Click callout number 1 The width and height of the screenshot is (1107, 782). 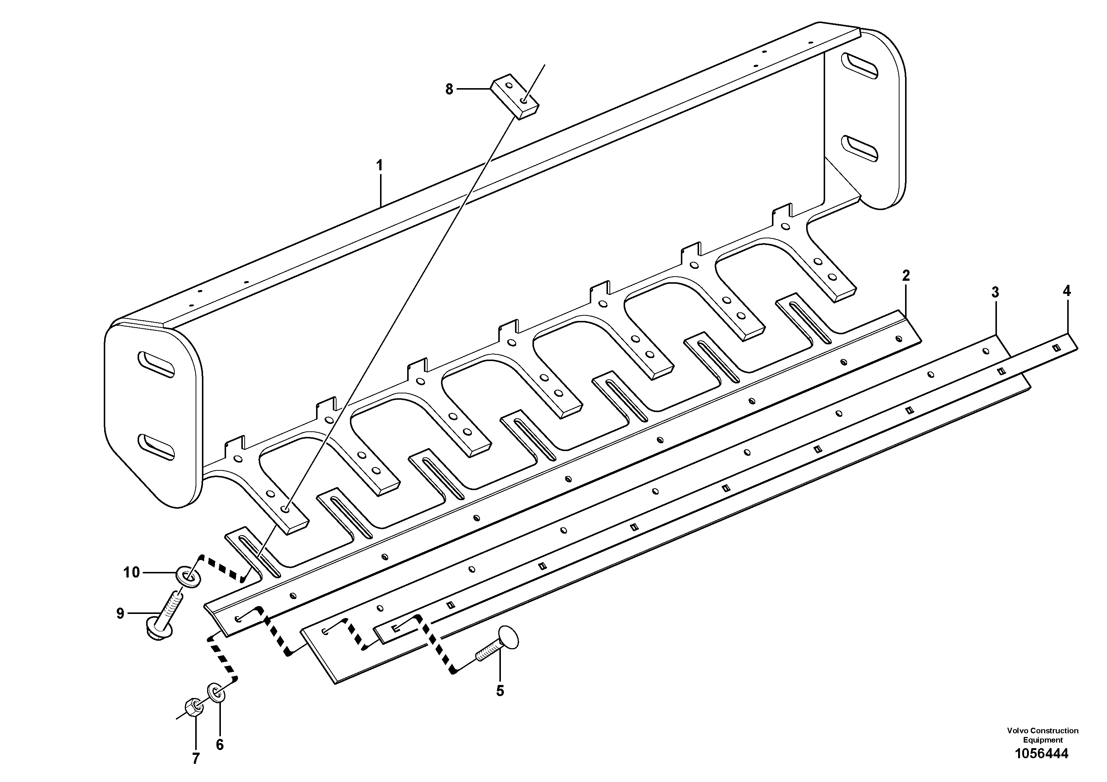[379, 165]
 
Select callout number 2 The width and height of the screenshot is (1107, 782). [905, 276]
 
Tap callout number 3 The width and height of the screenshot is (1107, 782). [995, 292]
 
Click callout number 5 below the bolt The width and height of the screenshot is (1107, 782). [500, 691]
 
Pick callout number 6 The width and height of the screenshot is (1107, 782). [219, 745]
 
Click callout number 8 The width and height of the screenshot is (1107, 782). [449, 89]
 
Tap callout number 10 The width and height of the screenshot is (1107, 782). [131, 572]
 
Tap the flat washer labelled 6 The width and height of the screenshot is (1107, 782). [216, 692]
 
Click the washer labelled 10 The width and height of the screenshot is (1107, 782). [189, 577]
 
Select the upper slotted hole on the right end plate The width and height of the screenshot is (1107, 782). [859, 66]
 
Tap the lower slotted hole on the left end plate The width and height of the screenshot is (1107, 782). [156, 447]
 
